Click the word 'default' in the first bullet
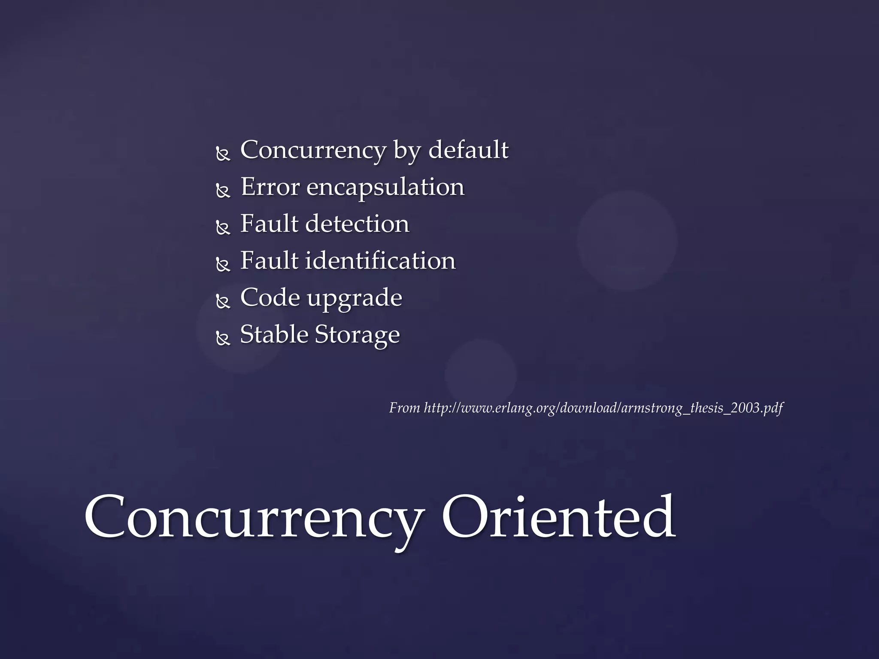point(468,150)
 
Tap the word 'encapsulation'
point(385,187)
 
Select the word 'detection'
point(357,224)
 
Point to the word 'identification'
point(380,261)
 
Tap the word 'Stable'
point(274,335)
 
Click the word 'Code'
point(270,297)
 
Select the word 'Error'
point(270,187)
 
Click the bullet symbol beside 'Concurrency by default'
point(223,154)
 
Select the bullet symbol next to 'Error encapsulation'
point(223,191)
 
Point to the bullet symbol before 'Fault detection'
point(223,228)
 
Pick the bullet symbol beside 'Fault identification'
point(223,265)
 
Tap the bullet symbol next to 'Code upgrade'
point(223,302)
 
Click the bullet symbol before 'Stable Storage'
point(223,339)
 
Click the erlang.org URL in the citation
point(603,408)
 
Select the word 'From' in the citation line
point(404,408)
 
